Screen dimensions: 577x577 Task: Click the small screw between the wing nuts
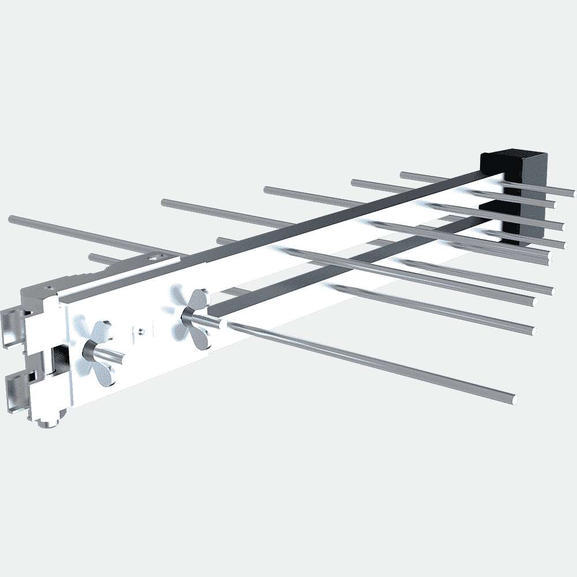pyautogui.click(x=141, y=330)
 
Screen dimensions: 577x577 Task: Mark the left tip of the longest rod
pyautogui.click(x=12, y=219)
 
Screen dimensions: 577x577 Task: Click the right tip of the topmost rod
pyautogui.click(x=571, y=193)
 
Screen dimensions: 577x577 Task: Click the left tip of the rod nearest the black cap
pyautogui.click(x=403, y=174)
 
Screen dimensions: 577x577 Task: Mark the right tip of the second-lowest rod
pyautogui.click(x=530, y=331)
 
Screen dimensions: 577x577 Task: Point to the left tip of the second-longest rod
pyautogui.click(x=164, y=203)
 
